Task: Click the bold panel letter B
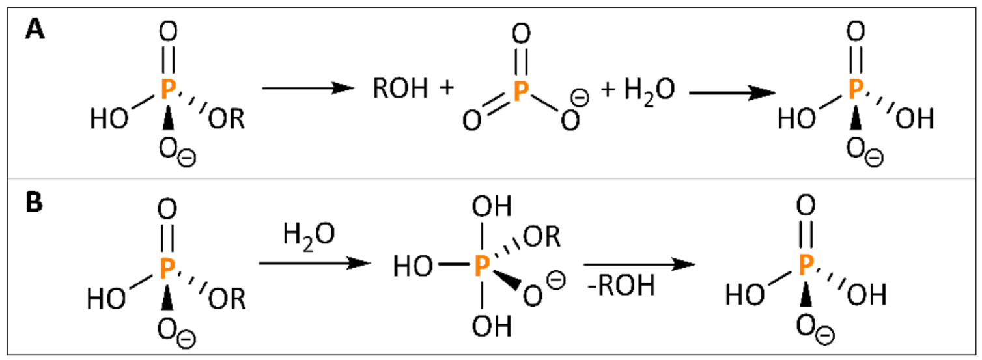coord(34,202)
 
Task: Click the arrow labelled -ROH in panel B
coord(636,264)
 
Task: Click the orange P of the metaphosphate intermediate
coord(520,92)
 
